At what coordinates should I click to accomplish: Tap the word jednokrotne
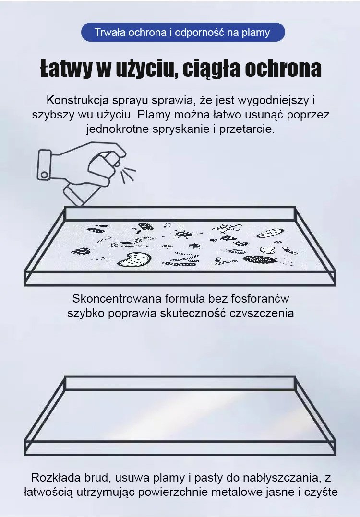click(x=118, y=129)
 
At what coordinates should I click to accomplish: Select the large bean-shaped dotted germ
click(x=134, y=259)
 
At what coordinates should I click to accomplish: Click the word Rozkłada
click(x=51, y=478)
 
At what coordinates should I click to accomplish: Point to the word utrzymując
click(x=106, y=493)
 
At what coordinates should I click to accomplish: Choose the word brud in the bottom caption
click(x=86, y=478)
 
